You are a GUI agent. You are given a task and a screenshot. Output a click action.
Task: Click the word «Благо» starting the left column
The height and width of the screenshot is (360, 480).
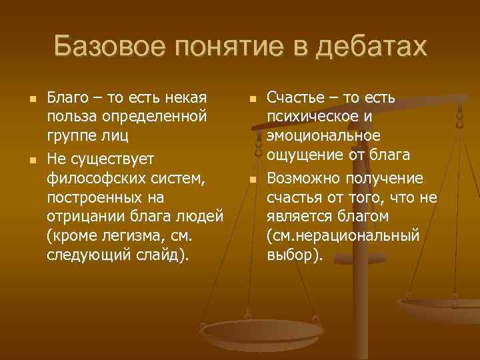pos(66,98)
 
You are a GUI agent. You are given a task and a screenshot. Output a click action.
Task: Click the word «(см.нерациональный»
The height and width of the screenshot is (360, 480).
pos(343,237)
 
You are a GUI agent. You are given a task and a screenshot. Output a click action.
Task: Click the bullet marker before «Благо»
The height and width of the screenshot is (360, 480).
pos(23,99)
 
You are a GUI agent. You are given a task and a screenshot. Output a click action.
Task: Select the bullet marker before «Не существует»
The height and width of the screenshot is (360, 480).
pos(23,160)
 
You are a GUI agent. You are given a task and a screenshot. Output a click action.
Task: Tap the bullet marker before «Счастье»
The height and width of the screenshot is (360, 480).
pos(251,99)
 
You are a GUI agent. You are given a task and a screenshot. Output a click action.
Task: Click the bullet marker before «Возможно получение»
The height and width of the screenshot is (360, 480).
pos(251,179)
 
